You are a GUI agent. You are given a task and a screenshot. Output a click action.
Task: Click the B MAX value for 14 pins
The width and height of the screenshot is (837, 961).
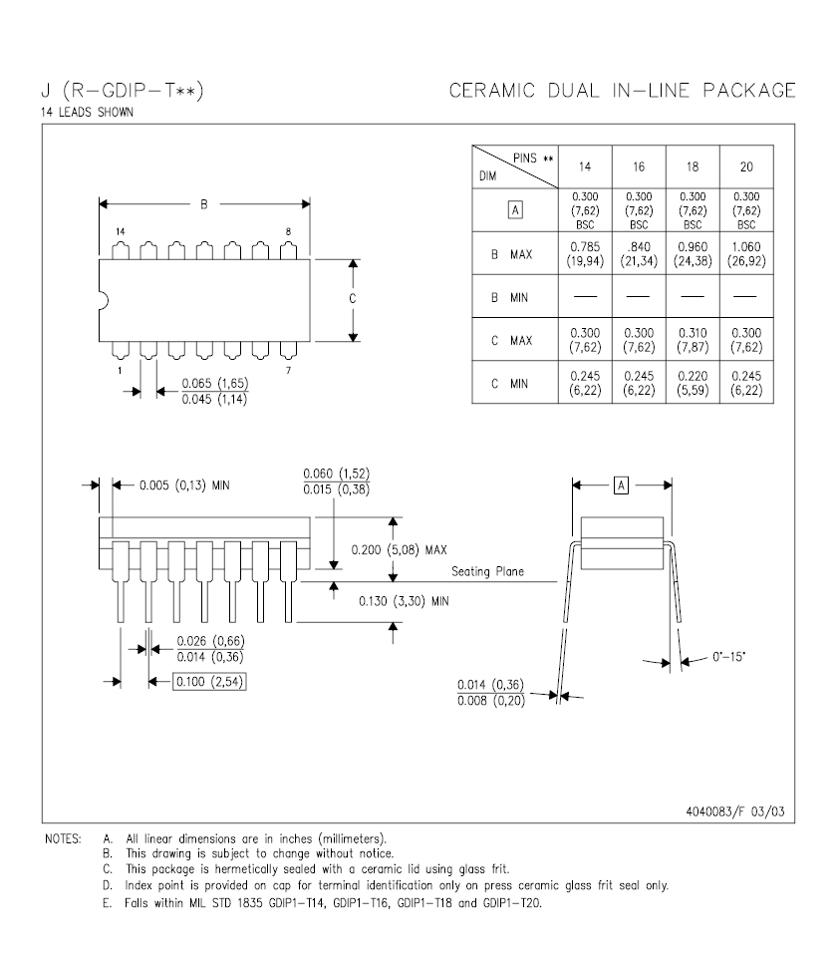585,254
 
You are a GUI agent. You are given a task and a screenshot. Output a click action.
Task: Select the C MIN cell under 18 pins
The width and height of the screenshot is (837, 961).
693,383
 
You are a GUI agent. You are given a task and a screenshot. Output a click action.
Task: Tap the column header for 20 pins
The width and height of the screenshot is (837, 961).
746,166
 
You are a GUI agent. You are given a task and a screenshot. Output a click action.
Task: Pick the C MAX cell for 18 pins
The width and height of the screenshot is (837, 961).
693,340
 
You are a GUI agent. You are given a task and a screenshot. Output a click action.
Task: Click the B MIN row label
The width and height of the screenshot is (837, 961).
509,297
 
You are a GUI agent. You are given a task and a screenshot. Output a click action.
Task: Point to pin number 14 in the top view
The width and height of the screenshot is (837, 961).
121,231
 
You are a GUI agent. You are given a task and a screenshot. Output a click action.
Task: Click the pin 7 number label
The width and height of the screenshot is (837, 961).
289,370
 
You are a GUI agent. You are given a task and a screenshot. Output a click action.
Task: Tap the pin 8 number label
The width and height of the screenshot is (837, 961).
288,231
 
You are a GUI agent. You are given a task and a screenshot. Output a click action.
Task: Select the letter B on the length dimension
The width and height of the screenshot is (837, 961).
204,204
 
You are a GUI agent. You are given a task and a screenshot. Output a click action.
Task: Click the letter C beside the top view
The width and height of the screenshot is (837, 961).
353,298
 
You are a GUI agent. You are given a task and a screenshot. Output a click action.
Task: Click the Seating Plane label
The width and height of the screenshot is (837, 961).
487,571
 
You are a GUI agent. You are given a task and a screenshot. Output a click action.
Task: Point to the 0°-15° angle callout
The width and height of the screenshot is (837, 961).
728,656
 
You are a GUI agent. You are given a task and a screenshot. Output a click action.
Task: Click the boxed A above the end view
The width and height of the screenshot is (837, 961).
622,485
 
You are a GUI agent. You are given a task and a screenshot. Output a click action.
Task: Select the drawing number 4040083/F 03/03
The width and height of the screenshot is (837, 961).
735,811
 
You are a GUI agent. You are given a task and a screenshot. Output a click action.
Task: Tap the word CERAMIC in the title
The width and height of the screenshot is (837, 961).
492,91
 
